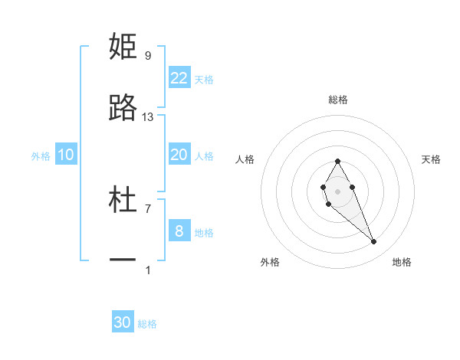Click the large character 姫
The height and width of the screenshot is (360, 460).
123,47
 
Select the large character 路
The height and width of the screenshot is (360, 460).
123,109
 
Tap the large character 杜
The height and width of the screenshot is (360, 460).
123,201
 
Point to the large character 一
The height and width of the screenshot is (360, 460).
123,261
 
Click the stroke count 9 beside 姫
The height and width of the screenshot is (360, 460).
148,55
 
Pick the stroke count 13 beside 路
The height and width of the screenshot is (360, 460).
148,117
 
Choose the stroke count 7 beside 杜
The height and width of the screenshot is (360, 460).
148,208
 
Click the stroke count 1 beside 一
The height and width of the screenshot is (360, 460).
148,270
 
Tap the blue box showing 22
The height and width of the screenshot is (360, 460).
179,78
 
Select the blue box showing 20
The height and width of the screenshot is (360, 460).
179,155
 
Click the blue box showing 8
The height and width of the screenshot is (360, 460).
179,231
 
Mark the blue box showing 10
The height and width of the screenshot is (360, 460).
66,155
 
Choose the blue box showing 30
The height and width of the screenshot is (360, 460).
123,322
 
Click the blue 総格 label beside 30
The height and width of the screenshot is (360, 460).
147,324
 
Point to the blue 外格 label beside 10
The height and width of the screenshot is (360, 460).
41,156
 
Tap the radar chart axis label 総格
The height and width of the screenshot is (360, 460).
338,100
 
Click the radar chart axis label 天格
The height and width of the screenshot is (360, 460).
432,159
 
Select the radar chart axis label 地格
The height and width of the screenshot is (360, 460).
402,262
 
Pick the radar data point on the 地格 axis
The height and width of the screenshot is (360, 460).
374,242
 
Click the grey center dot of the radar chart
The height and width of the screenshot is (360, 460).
337,191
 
